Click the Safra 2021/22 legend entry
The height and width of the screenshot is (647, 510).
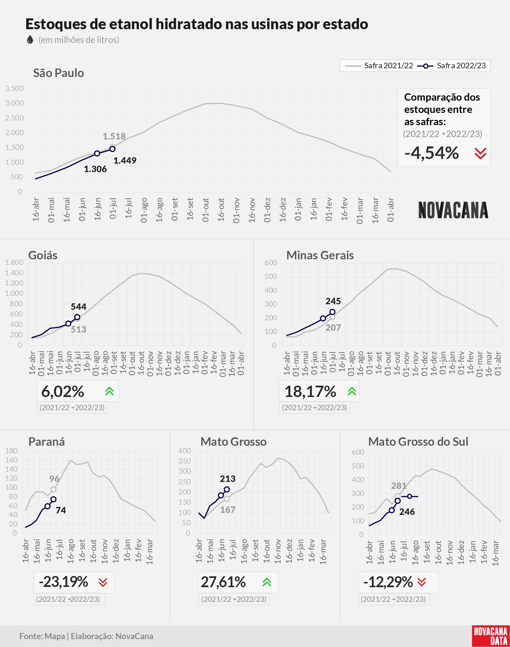pyautogui.click(x=379, y=66)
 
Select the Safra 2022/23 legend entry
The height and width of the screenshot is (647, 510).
pyautogui.click(x=451, y=66)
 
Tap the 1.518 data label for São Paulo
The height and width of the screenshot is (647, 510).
pyautogui.click(x=114, y=137)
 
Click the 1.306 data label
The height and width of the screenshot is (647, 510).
pyautogui.click(x=95, y=169)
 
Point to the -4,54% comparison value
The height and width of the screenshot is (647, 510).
pyautogui.click(x=431, y=153)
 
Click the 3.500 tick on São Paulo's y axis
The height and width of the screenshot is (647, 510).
pyautogui.click(x=14, y=88)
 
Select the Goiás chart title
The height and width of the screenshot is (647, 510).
pyautogui.click(x=43, y=255)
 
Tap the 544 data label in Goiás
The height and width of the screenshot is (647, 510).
pyautogui.click(x=79, y=307)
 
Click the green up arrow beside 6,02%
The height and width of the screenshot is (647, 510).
pyautogui.click(x=110, y=391)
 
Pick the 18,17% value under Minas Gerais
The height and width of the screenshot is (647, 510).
pyautogui.click(x=310, y=392)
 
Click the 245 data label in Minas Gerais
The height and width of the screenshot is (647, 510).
pyautogui.click(x=333, y=301)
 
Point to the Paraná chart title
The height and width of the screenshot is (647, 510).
pyautogui.click(x=47, y=442)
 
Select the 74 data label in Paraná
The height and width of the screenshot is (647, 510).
pyautogui.click(x=61, y=510)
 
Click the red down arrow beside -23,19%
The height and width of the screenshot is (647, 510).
pyautogui.click(x=103, y=582)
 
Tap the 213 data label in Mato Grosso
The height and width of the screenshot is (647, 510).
pyautogui.click(x=228, y=479)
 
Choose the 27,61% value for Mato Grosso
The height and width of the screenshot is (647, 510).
pyautogui.click(x=223, y=582)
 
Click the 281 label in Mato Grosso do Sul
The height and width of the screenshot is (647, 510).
pyautogui.click(x=399, y=486)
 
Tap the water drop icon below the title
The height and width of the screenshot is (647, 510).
pyautogui.click(x=30, y=39)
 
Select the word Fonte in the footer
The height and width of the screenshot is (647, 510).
pyautogui.click(x=31, y=636)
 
